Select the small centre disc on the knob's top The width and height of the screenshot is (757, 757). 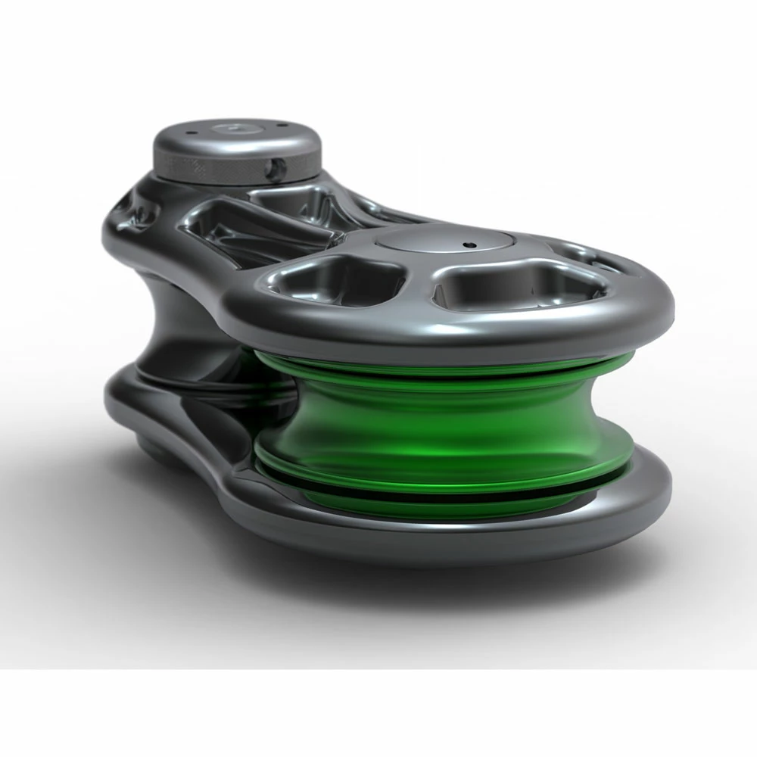pyautogui.click(x=237, y=129)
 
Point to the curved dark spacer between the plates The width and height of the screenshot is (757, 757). pyautogui.click(x=178, y=326)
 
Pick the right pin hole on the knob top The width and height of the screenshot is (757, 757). pyautogui.click(x=282, y=126)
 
